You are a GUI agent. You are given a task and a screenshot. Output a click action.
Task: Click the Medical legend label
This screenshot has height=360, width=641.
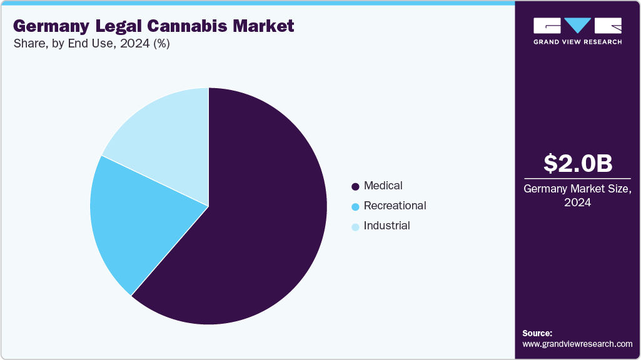(383, 186)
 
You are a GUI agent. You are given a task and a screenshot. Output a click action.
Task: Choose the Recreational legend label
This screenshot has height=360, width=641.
(395, 206)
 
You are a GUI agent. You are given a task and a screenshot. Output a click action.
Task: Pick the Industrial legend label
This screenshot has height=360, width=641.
(386, 226)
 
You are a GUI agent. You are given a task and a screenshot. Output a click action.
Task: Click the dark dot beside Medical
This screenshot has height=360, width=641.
(355, 186)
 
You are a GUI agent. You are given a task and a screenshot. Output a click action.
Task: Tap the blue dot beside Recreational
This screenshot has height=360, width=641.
(355, 206)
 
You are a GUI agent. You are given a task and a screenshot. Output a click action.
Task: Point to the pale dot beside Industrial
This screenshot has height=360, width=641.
(355, 226)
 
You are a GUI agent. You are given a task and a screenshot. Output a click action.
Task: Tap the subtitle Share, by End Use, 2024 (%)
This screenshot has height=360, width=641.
(92, 44)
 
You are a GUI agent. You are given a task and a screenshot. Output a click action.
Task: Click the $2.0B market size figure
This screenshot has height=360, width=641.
(577, 163)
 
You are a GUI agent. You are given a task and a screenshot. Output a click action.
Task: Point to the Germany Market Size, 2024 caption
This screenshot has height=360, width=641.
(577, 195)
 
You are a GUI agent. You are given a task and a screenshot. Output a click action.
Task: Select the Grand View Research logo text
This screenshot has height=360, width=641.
(577, 42)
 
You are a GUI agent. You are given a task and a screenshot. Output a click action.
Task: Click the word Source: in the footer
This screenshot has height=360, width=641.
(537, 333)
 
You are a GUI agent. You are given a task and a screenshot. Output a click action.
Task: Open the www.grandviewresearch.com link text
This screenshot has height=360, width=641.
(577, 344)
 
